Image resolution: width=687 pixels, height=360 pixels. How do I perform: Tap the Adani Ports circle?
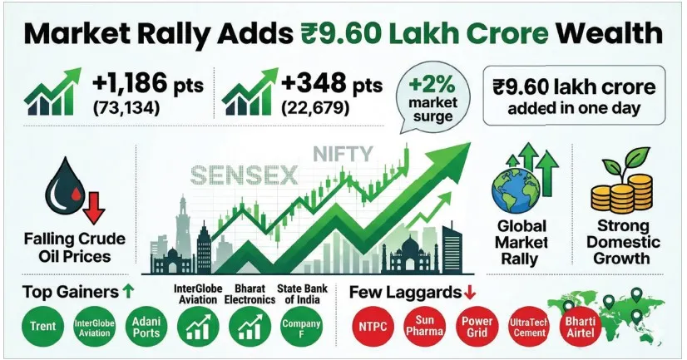pos(146,327)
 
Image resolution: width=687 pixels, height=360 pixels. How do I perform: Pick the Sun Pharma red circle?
pos(424,327)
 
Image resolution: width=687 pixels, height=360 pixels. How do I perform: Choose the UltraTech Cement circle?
pos(529,327)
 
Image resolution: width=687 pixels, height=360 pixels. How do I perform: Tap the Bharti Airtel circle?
pos(581,323)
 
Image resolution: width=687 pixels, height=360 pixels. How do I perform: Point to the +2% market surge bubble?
pos(430,99)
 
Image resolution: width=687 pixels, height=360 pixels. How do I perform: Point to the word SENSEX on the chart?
pos(235,175)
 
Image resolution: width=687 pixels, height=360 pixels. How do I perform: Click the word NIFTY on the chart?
pos(343,154)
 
